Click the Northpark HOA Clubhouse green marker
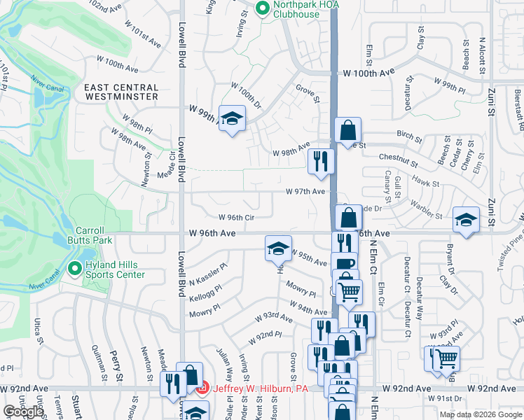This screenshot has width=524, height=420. pyautogui.click(x=263, y=9)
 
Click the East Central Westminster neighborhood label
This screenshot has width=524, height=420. pyautogui.click(x=121, y=93)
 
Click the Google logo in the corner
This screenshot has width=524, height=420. pyautogui.click(x=23, y=412)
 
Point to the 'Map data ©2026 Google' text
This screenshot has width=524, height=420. pyautogui.click(x=480, y=414)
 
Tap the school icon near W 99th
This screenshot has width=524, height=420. pyautogui.click(x=231, y=118)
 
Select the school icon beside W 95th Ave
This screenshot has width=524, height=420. pyautogui.click(x=278, y=248)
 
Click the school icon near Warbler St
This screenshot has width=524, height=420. pyautogui.click(x=466, y=220)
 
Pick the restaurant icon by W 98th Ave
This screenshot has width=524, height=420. pyautogui.click(x=321, y=162)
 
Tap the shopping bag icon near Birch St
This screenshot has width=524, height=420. pyautogui.click(x=347, y=130)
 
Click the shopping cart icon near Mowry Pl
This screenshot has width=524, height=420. pyautogui.click(x=349, y=290)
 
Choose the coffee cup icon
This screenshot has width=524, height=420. pyautogui.click(x=344, y=265)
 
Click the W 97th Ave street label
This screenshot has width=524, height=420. pyautogui.click(x=305, y=191)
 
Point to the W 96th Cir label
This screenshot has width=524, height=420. pyautogui.click(x=235, y=218)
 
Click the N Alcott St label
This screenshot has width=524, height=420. pyautogui.click(x=482, y=55)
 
